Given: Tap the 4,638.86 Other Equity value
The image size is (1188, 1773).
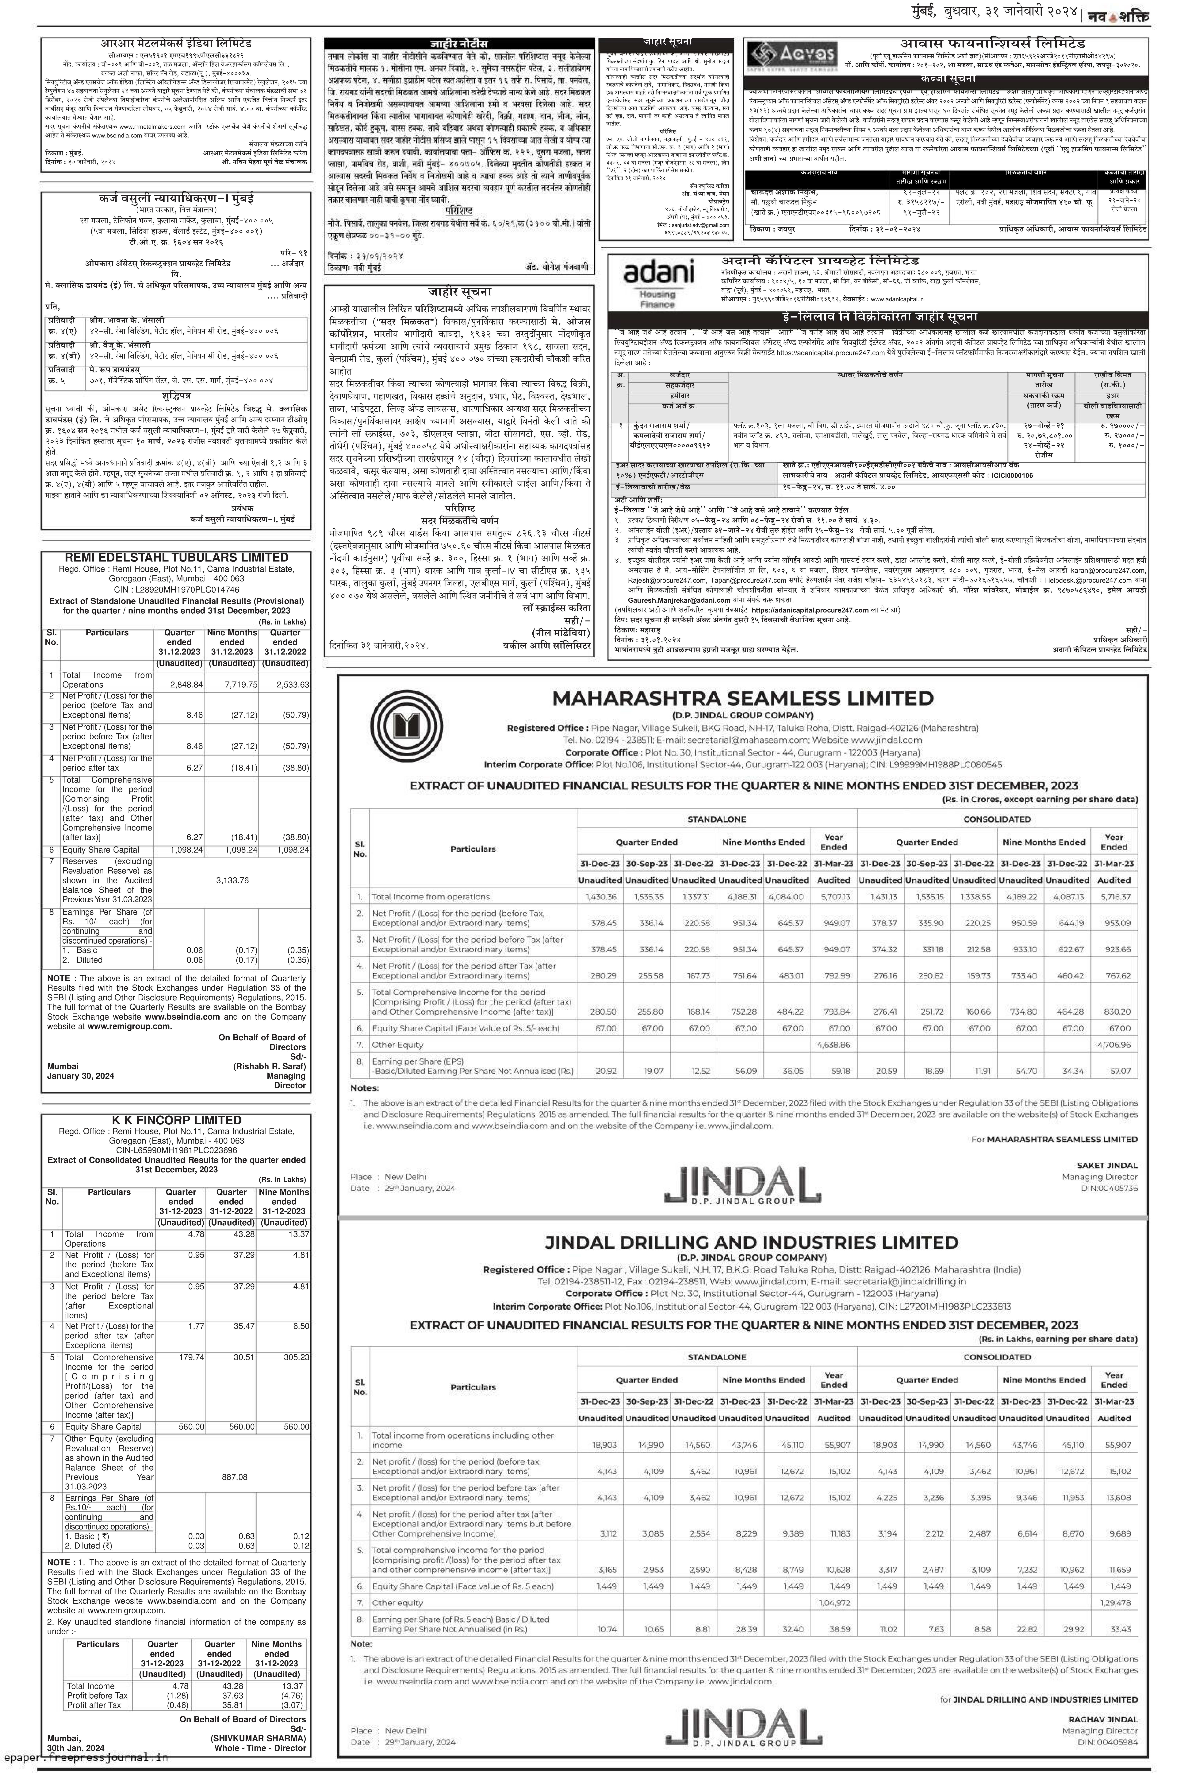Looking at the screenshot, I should (x=834, y=1044).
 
